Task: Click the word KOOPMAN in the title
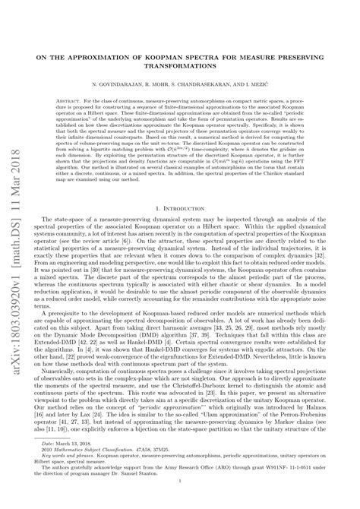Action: point(178,57)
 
